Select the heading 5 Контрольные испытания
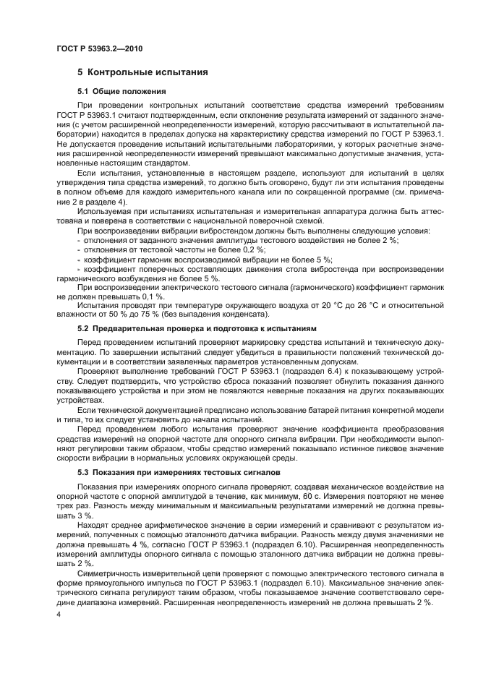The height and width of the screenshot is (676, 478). click(143, 72)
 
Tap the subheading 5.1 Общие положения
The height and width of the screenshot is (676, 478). click(121, 92)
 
